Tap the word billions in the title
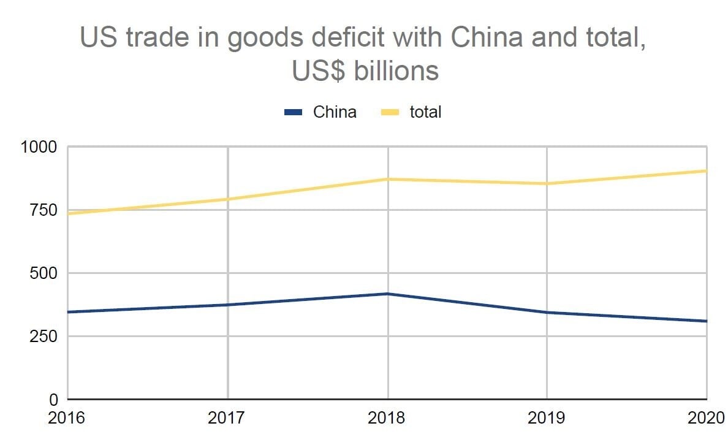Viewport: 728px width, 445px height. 396,71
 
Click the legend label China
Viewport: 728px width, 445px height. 335,112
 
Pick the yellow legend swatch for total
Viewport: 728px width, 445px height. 390,112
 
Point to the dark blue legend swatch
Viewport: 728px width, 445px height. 294,112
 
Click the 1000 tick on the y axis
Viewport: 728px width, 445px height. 38,147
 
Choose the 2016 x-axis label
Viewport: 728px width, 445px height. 67,418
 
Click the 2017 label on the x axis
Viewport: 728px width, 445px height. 227,418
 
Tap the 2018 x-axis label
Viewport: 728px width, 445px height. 387,418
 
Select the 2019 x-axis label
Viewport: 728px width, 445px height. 547,418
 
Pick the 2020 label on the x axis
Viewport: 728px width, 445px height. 705,418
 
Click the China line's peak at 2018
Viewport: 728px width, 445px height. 387,294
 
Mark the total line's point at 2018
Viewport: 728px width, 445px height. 387,179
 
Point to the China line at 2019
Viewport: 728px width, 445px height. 547,313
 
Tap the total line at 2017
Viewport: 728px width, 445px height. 227,199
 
